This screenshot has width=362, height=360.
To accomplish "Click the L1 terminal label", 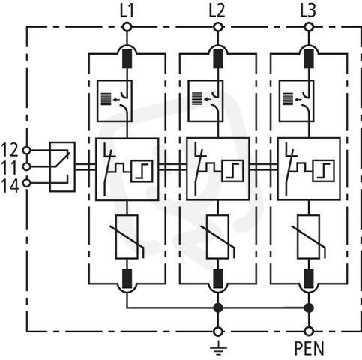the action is point(127,11).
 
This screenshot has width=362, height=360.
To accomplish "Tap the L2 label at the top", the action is point(217,11).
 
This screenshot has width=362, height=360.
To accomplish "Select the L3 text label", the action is point(308,11).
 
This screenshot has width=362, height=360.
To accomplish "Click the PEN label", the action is point(309,348).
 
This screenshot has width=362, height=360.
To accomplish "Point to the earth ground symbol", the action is point(218,347).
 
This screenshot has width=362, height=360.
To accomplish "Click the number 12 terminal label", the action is point(10,150).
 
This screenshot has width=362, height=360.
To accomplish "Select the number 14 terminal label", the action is point(10,186).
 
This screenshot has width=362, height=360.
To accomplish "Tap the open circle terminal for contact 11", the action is point(26,166).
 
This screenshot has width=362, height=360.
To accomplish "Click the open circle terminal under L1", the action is point(127,27).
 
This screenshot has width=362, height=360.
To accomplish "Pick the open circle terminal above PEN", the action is point(309,331).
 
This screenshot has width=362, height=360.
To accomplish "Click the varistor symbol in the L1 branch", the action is point(127,237).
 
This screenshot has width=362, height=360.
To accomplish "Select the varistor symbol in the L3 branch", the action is point(309,237).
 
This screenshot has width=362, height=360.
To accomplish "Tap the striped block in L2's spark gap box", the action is point(197,99).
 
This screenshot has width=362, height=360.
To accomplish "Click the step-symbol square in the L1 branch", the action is point(142,171).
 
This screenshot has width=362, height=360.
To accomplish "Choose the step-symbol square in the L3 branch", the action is point(323,171).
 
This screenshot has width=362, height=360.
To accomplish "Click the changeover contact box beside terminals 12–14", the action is point(62,166).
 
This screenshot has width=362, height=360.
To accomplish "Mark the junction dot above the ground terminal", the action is point(218,307).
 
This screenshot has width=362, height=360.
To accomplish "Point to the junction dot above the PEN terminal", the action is point(309,307).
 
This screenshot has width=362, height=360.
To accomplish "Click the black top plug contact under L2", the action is point(218,58).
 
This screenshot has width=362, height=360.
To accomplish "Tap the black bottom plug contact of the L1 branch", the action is point(127,279).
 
